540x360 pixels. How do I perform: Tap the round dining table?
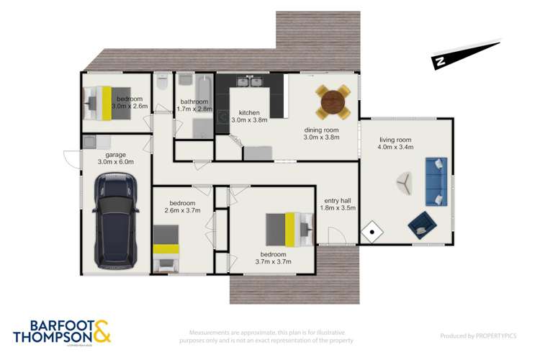(x=334, y=102)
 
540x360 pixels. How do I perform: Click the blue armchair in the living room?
(x=420, y=225)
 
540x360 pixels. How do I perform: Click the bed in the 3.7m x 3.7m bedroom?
(x=289, y=229)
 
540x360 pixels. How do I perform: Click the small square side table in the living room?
(x=372, y=232)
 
